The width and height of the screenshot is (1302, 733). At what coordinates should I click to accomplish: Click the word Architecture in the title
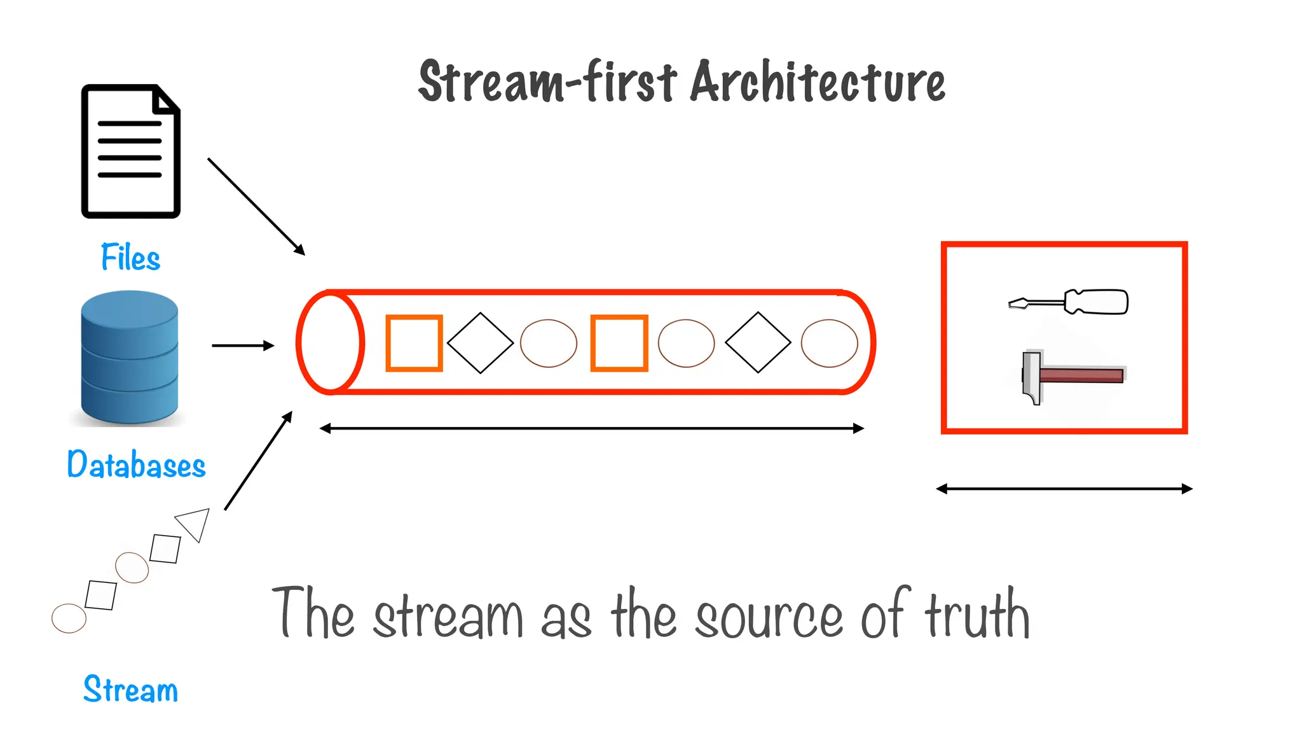pos(818,82)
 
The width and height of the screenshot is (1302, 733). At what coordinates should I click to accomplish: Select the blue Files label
pos(130,258)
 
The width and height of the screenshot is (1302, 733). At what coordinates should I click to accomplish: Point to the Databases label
pos(136,464)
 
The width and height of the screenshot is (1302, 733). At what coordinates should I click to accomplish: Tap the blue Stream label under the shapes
pos(130,690)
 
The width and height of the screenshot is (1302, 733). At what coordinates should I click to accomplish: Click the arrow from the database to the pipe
pos(242,346)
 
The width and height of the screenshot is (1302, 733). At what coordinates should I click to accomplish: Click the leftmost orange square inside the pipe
pos(414,343)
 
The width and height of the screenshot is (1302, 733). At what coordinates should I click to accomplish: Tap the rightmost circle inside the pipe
pos(829,344)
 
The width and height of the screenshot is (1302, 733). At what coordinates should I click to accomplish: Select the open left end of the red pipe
pos(330,343)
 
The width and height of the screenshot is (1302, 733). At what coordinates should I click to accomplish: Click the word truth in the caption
pos(976,615)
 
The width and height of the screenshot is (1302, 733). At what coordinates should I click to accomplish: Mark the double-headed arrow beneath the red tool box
pos(1064,489)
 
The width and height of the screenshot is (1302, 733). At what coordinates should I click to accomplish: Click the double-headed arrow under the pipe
pos(591,429)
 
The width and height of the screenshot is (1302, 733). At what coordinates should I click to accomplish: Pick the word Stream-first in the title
pos(547,82)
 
